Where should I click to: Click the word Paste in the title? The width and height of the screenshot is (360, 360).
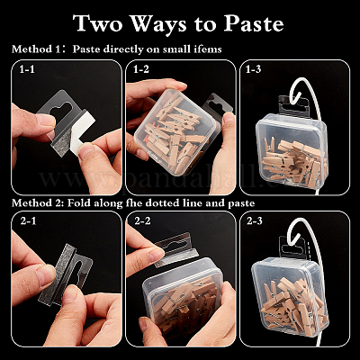point(254,23)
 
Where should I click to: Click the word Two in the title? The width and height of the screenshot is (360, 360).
point(98,23)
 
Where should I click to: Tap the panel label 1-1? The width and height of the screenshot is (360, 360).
point(27,69)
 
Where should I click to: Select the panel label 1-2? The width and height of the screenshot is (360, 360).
point(141,69)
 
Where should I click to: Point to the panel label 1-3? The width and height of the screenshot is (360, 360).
point(253,69)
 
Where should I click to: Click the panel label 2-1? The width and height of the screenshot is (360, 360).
point(28,221)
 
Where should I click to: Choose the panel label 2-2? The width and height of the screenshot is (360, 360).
point(142,221)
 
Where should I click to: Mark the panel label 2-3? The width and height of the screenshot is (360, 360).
point(255,221)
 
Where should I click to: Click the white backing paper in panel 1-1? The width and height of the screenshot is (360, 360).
point(82,132)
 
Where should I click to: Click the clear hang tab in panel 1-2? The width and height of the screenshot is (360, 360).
point(218,105)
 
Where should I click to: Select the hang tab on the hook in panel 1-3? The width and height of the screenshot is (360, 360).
point(293,106)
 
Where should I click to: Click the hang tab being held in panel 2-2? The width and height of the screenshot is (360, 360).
point(176,249)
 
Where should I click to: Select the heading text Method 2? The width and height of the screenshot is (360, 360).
point(38,203)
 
